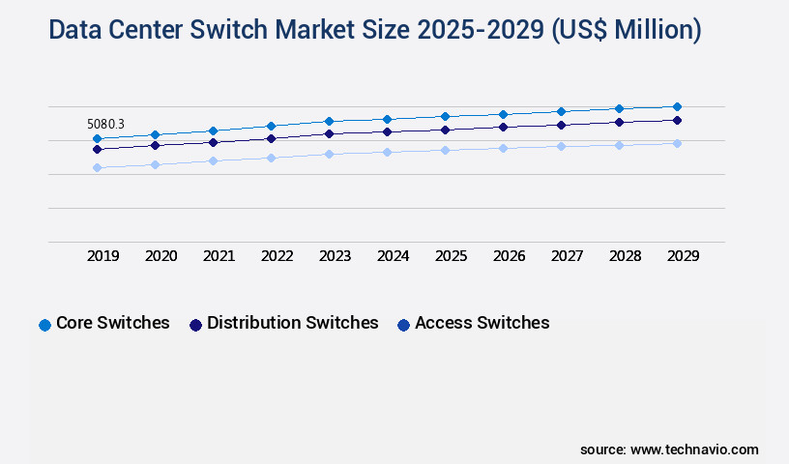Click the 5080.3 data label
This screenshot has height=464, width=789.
(105, 124)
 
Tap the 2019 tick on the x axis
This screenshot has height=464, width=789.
(102, 256)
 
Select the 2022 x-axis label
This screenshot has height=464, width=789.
(277, 256)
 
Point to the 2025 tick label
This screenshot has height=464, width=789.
(451, 256)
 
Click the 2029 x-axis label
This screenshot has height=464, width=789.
(683, 256)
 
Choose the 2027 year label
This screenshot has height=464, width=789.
(567, 256)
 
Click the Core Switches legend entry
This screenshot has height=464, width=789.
(112, 323)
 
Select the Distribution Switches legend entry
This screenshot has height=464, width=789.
(292, 323)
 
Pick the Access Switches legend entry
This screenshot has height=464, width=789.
(482, 323)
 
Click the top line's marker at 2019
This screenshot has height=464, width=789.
(97, 138)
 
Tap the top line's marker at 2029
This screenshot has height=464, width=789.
(677, 106)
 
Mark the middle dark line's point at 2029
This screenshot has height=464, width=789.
(677, 120)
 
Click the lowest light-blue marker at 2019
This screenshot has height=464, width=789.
(97, 167)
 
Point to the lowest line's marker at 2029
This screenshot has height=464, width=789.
(677, 143)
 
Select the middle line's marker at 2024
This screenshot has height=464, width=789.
(387, 131)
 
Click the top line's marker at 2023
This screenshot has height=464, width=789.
(329, 121)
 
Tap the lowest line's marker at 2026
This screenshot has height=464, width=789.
(503, 148)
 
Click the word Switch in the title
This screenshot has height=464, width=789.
(231, 31)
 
